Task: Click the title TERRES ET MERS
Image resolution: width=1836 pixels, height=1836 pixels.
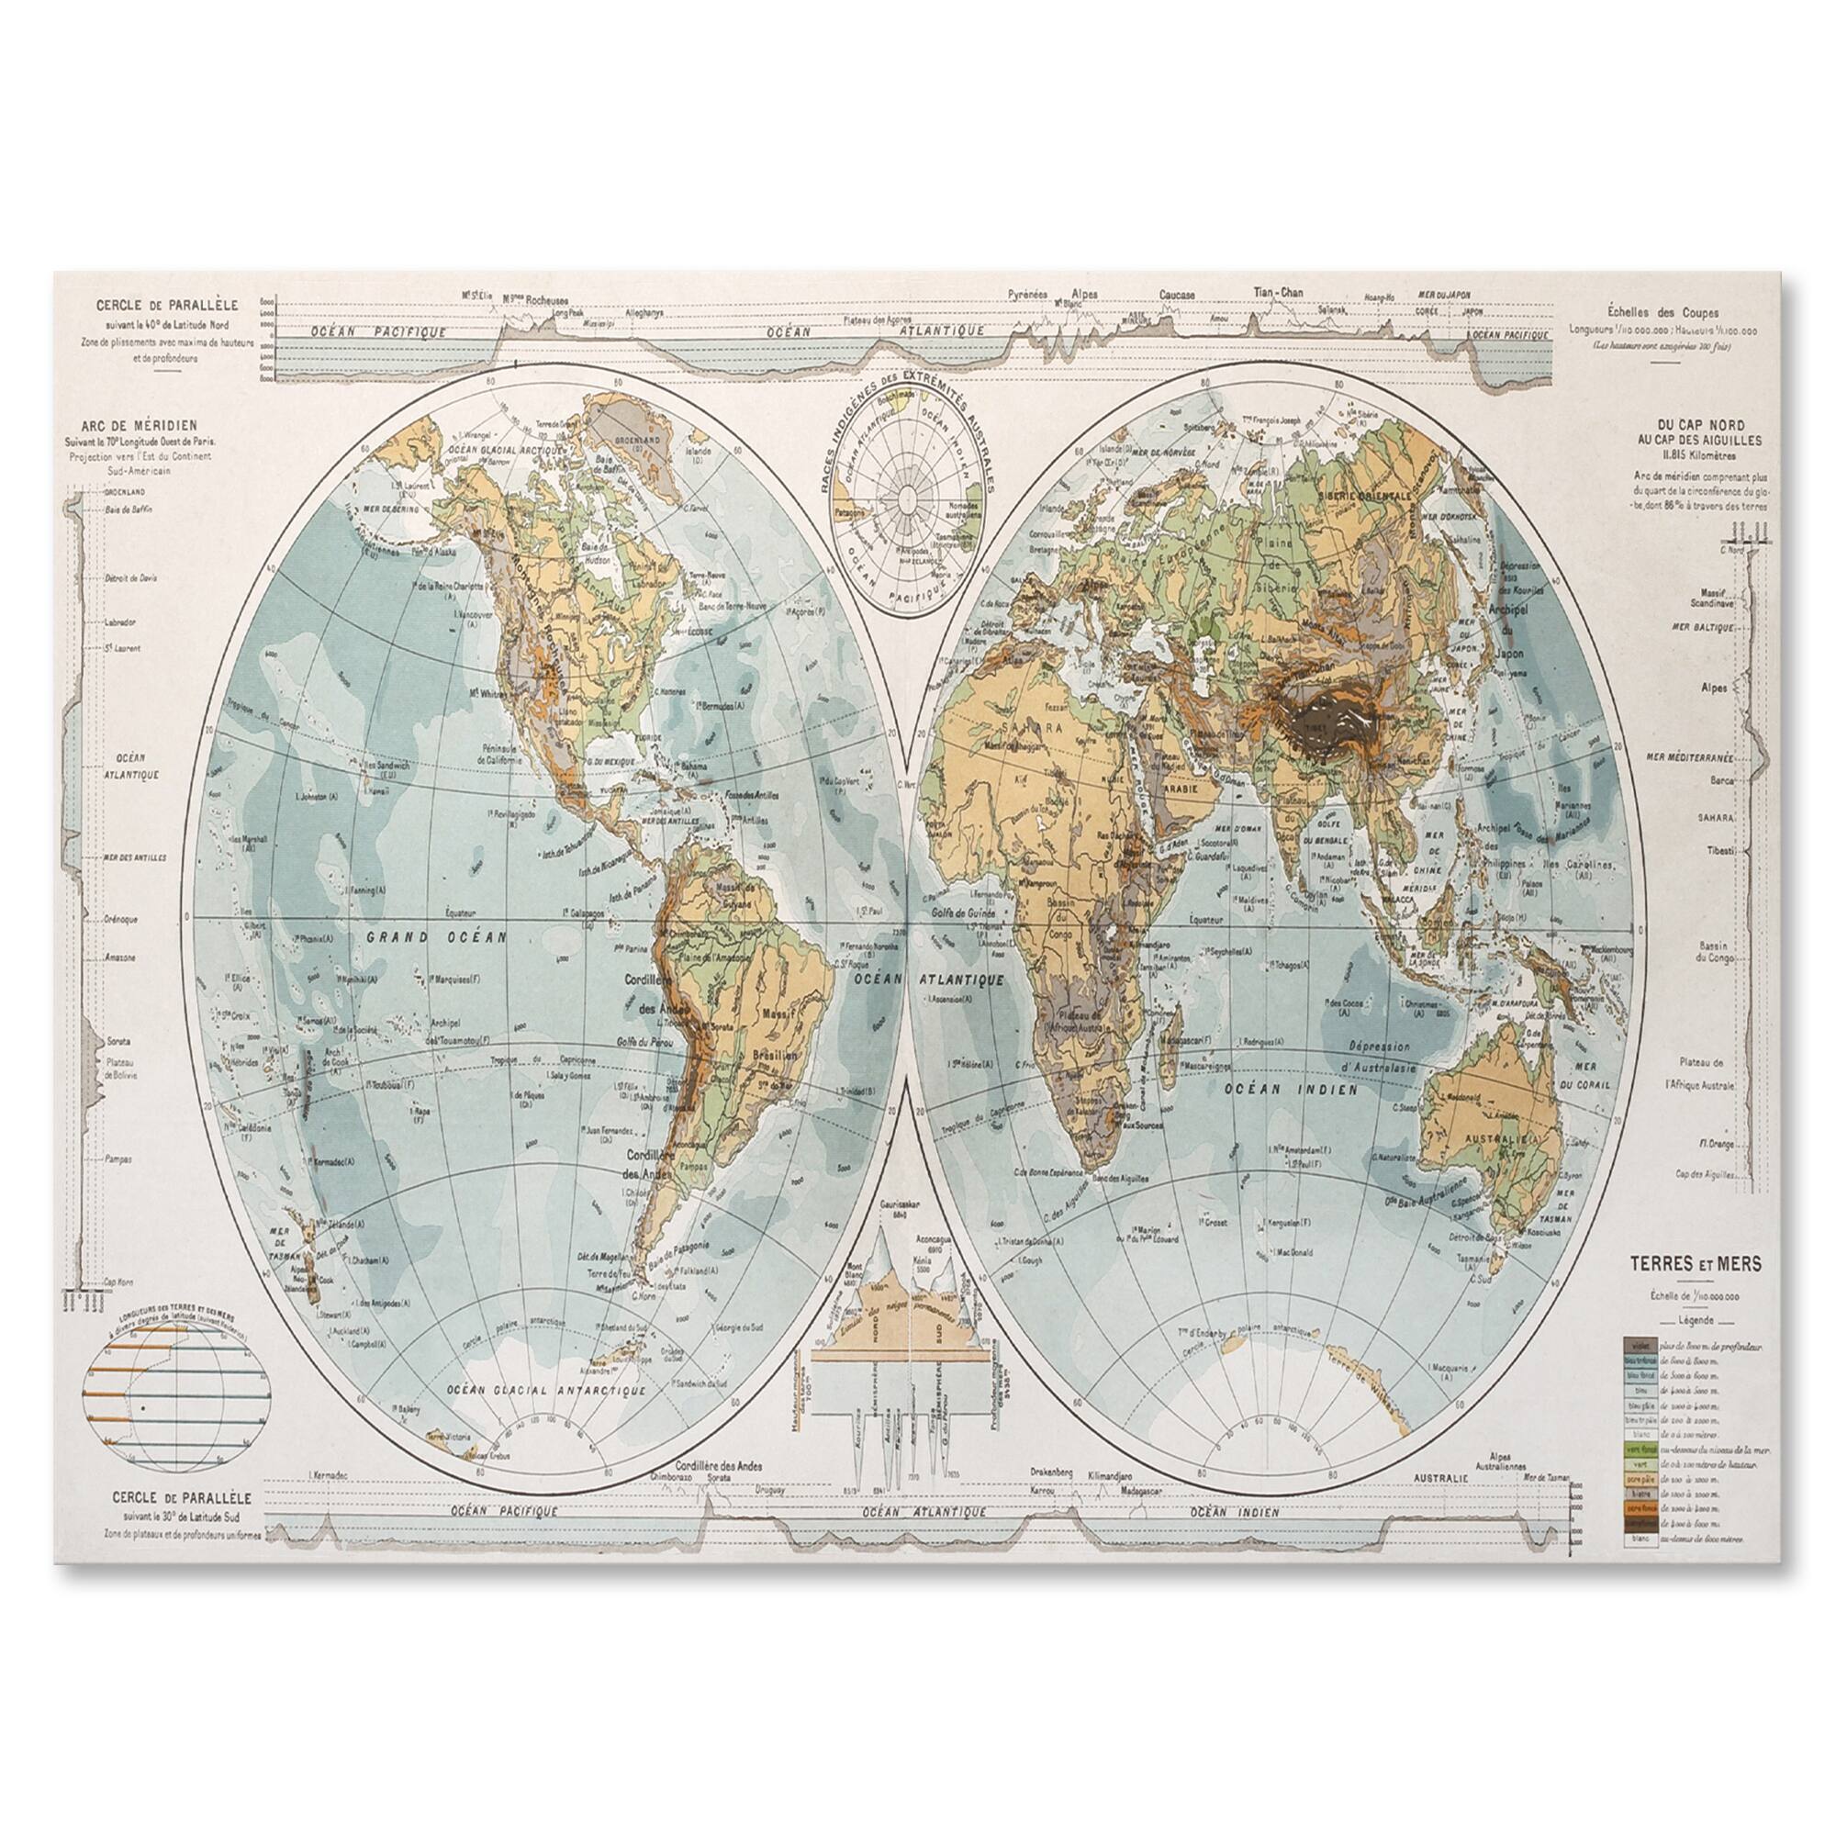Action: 1696,1264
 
